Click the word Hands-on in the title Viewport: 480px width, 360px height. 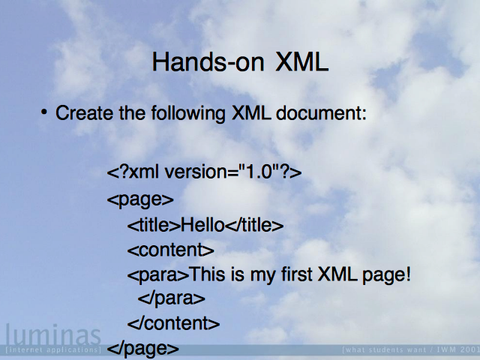[x=208, y=61]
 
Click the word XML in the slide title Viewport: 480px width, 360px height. [x=302, y=61]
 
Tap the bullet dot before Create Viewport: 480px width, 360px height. [x=44, y=112]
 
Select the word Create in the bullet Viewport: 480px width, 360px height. [x=84, y=113]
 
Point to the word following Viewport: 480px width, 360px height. [x=188, y=113]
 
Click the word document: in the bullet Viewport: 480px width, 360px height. [x=321, y=113]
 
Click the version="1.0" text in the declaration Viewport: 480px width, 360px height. [x=218, y=172]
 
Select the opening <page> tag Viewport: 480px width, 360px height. [x=140, y=199]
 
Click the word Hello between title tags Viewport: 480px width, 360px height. [x=202, y=225]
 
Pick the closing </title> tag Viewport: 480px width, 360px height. [x=254, y=225]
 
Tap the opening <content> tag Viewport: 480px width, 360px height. [x=171, y=250]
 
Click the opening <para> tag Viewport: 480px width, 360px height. [x=158, y=274]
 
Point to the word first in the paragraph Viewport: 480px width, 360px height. [x=297, y=274]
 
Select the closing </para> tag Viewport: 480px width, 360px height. [x=172, y=298]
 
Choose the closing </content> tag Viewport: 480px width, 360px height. [x=173, y=323]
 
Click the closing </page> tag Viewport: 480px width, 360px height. [x=143, y=348]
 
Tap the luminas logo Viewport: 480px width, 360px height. [x=53, y=334]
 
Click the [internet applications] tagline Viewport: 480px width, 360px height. [x=53, y=349]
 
